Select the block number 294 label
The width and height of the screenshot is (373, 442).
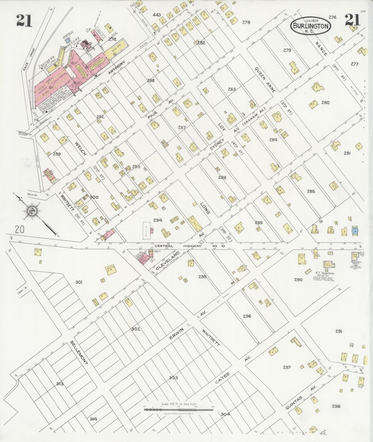pyautogui.click(x=157, y=220)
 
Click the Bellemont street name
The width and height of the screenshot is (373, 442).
pyautogui.click(x=79, y=353)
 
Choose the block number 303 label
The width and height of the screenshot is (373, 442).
pyautogui.click(x=173, y=378)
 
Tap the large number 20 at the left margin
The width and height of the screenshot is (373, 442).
pyautogui.click(x=20, y=229)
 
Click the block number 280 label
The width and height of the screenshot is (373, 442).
pyautogui.click(x=325, y=102)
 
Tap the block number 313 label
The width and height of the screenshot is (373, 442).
pyautogui.click(x=60, y=384)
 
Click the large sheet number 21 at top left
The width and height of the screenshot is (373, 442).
pyautogui.click(x=24, y=20)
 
